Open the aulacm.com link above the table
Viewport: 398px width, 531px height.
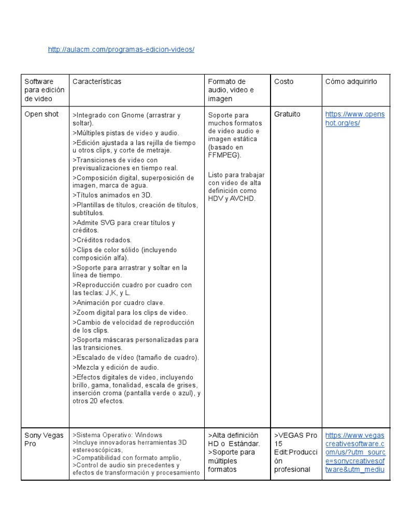[x=121, y=49]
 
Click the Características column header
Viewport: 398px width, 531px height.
[x=97, y=81]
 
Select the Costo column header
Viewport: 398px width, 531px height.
[x=283, y=81]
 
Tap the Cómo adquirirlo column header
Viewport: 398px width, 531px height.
[x=351, y=81]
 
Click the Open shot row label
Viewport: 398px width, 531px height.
[x=41, y=114]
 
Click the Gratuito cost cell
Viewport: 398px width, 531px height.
[x=287, y=114]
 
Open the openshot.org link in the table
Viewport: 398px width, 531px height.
[x=354, y=118]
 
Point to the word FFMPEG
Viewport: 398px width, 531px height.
[x=224, y=155]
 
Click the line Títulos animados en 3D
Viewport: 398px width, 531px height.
[x=112, y=195]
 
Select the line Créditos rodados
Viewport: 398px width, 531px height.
[x=102, y=240]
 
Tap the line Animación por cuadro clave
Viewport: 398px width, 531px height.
[x=119, y=302]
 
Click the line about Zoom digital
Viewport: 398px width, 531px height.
[x=130, y=312]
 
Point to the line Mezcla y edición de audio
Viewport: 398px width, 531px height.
[x=116, y=367]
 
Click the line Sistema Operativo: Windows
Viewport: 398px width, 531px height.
[x=117, y=435]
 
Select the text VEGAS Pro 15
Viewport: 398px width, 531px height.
[x=295, y=439]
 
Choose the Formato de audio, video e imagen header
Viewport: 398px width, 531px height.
[x=231, y=90]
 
